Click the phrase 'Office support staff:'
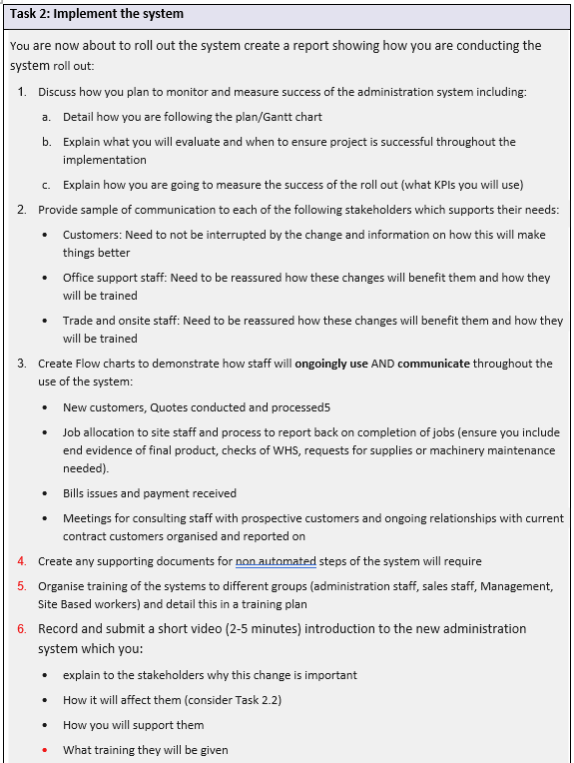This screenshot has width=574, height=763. coord(115,278)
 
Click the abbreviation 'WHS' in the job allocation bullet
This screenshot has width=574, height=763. coord(302,450)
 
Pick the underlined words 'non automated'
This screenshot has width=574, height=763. coord(276,561)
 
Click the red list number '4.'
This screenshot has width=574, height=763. coord(22,561)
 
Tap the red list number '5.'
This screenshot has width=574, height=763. coord(22,586)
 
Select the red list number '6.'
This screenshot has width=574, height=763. coord(22,629)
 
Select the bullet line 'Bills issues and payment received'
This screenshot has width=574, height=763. coord(149,493)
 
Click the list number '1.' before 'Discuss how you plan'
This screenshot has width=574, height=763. coord(22,92)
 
